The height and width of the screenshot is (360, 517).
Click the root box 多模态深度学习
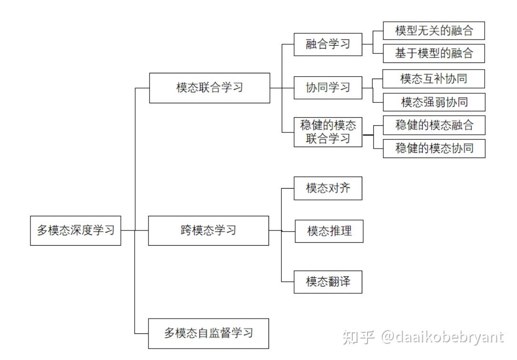[76, 230]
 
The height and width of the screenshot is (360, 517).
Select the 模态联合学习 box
[209, 88]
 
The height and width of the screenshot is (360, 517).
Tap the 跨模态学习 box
[209, 230]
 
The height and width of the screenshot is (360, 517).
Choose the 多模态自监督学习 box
[209, 333]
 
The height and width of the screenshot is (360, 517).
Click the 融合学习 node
[328, 44]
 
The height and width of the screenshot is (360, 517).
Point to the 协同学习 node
[328, 88]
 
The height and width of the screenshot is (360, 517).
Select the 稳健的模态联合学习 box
[328, 132]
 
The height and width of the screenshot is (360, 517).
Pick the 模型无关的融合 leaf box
[434, 31]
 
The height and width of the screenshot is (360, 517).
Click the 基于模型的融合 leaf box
[434, 53]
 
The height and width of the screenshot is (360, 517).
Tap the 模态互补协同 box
[434, 79]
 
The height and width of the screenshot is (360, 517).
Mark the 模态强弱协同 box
[434, 102]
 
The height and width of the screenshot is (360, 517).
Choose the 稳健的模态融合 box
[434, 125]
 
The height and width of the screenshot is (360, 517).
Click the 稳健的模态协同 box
[434, 148]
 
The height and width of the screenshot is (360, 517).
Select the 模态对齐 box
[328, 188]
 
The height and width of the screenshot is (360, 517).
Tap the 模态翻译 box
[328, 281]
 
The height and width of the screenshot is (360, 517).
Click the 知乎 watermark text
[358, 337]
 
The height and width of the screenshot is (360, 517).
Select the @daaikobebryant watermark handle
[442, 337]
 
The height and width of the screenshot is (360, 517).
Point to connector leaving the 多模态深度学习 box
[128, 230]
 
